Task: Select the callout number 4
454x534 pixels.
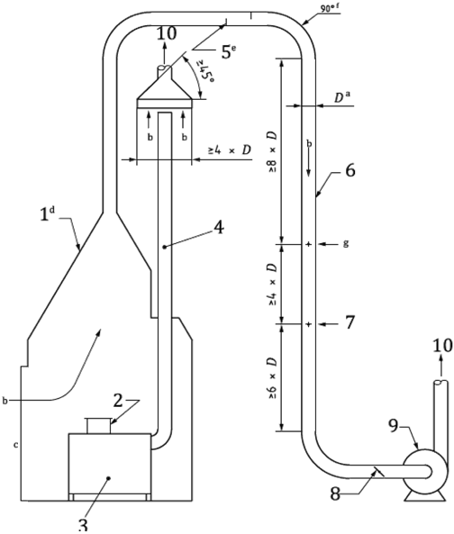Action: coord(218,227)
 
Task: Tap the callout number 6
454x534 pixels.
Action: coord(350,170)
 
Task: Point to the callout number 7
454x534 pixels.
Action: coord(350,322)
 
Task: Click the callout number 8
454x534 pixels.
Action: coord(335,493)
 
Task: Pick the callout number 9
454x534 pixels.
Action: coord(394,425)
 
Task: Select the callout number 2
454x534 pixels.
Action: coord(118,401)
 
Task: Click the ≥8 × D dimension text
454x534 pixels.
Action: coord(272,151)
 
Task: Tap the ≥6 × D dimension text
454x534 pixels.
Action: coord(272,378)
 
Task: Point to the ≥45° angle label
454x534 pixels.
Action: coord(204,75)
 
